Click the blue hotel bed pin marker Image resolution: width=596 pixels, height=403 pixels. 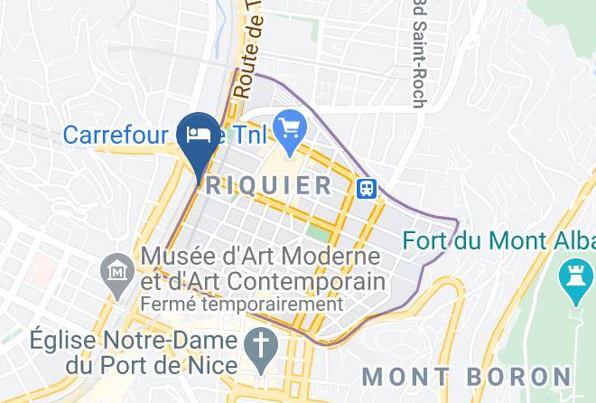pos(198,136)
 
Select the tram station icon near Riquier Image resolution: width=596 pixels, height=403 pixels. pos(367,188)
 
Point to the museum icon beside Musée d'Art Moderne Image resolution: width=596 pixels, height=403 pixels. pos(117,271)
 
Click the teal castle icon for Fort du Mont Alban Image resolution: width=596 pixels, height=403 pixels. pos(574,283)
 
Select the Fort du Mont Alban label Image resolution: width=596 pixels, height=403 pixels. pos(498,241)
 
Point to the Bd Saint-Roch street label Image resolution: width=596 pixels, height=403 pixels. pos(418,54)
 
